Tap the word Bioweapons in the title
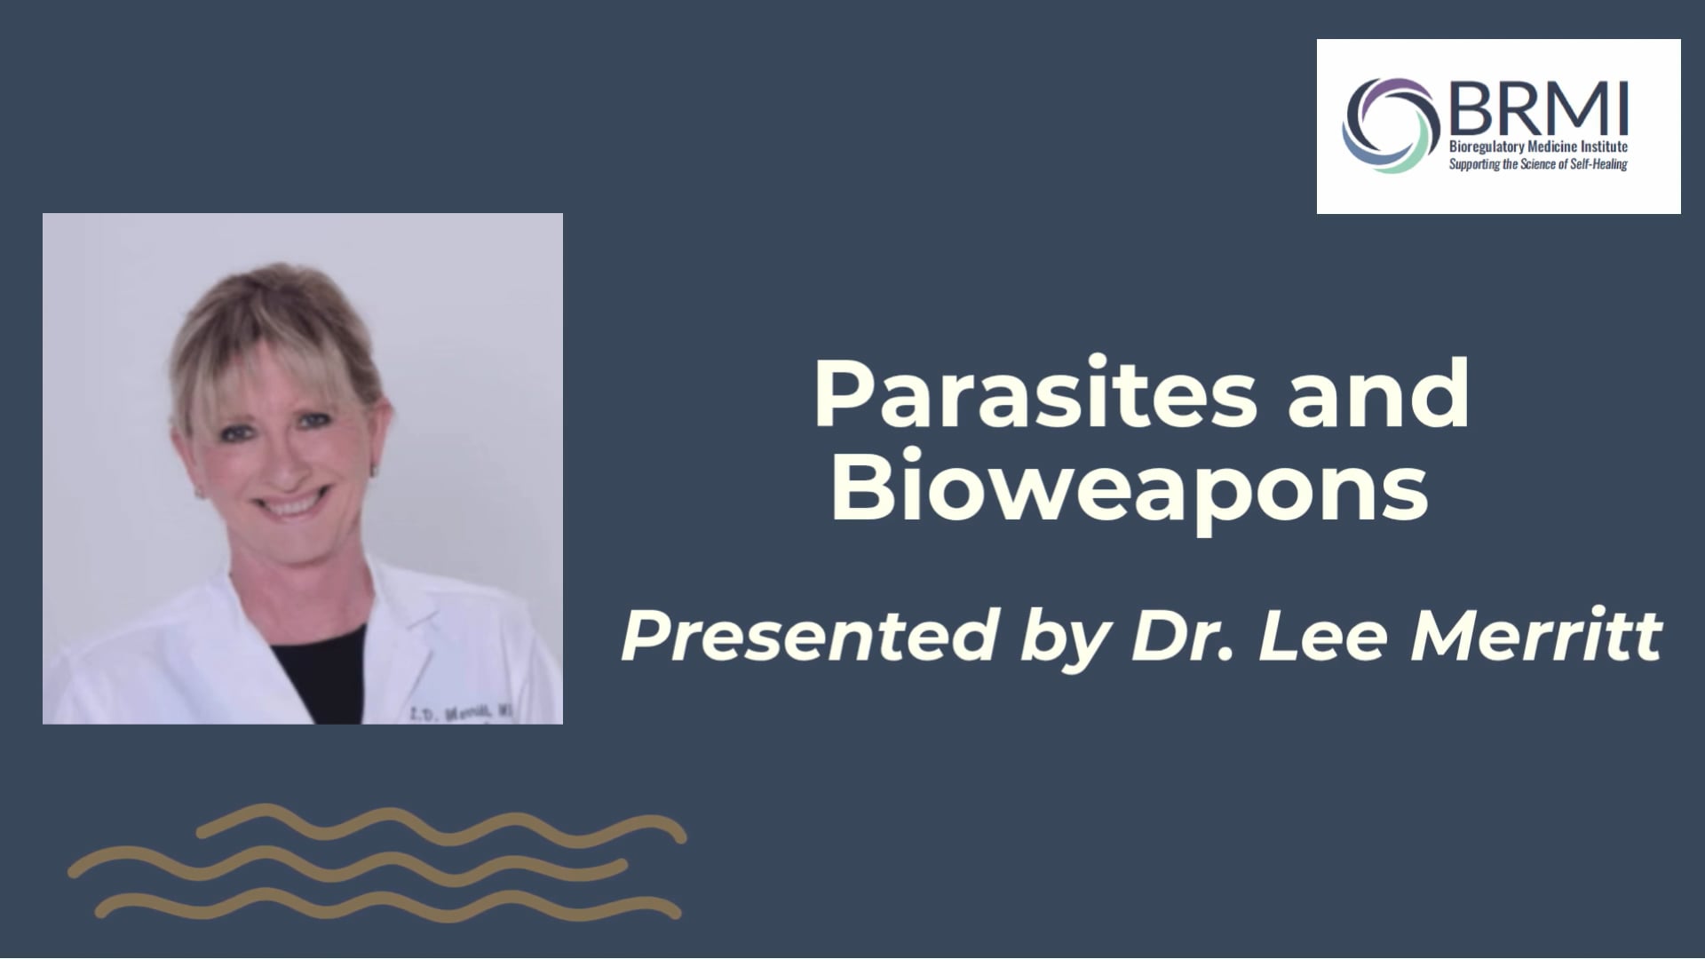[1129, 489]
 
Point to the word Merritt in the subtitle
[1536, 636]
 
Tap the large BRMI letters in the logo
[1541, 108]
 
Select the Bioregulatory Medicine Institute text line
[1538, 147]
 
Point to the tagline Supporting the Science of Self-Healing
[1538, 164]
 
